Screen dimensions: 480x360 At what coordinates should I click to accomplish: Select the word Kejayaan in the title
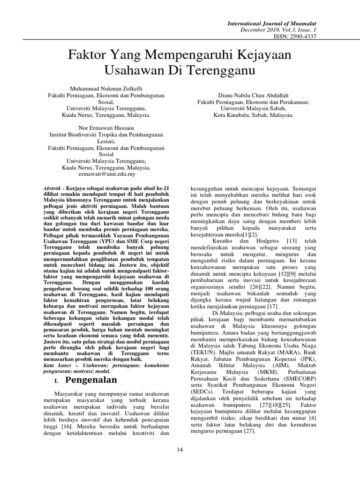tap(263, 54)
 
